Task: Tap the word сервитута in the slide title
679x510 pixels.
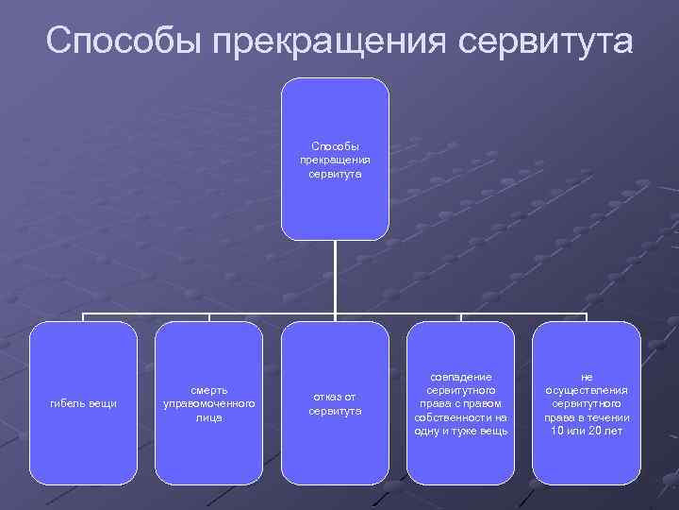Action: (546, 41)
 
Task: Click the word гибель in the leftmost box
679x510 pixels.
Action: (67, 404)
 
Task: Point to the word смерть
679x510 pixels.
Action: (208, 390)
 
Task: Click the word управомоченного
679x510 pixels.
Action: (208, 403)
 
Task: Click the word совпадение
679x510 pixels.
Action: (461, 377)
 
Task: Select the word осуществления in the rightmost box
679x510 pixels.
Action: (587, 390)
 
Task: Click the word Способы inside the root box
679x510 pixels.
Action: (335, 146)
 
